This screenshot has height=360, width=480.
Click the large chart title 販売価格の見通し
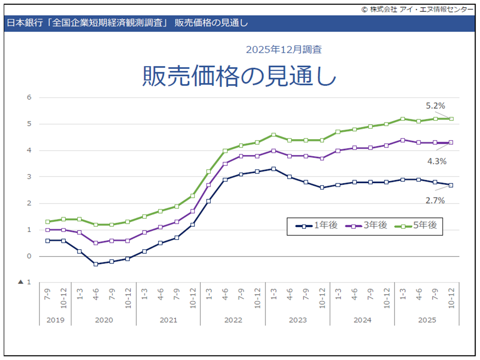[239, 76]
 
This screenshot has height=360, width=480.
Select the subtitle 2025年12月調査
[284, 50]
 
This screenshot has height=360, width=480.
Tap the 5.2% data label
[435, 106]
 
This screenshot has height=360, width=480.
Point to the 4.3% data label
[437, 162]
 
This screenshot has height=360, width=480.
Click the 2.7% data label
[435, 201]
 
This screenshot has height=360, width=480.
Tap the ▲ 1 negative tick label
[25, 282]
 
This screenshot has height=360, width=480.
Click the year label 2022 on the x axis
[233, 320]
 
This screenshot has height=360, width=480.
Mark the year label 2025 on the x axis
[427, 320]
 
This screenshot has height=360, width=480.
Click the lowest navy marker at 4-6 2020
[96, 264]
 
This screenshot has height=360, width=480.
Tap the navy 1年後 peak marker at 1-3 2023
[273, 169]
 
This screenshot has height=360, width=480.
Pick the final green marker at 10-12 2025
[451, 119]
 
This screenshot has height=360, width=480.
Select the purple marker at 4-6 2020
[96, 243]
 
